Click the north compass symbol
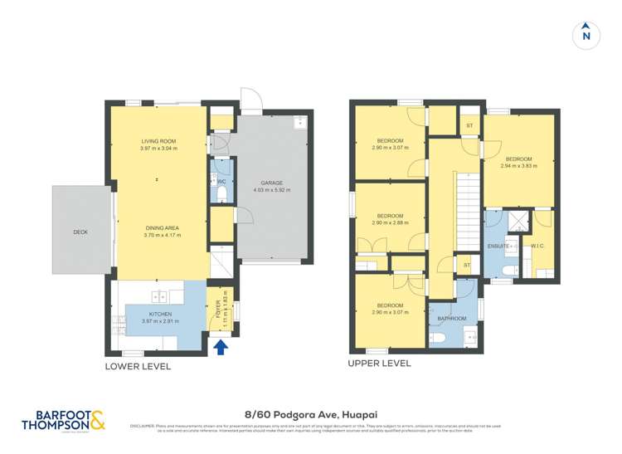586,34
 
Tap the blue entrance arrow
221,347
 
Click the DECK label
80,232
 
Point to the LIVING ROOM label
158,141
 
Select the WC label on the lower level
221,182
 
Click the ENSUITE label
499,247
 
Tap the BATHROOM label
452,318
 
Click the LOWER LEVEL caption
138,366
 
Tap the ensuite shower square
518,220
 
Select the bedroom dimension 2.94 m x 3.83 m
518,166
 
